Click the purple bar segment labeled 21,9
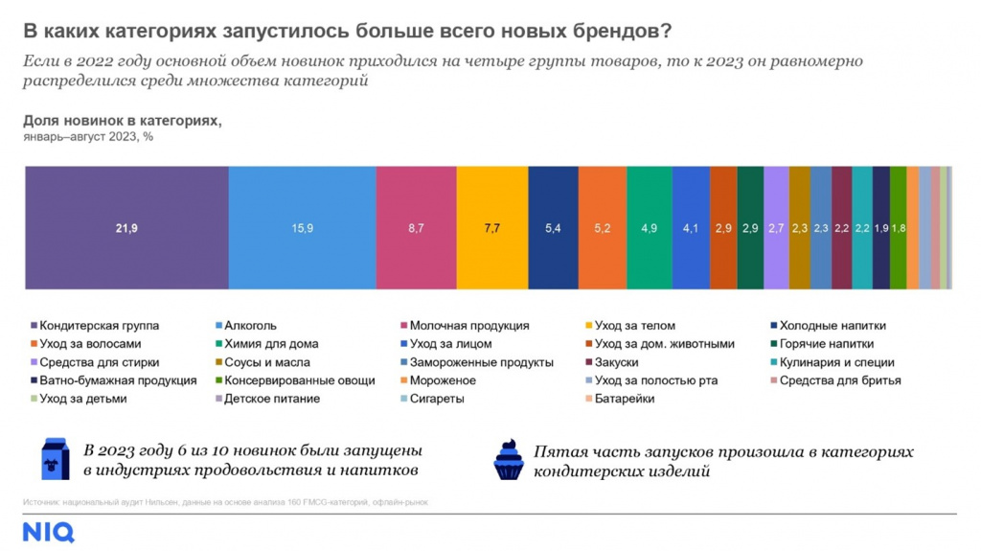coord(126,227)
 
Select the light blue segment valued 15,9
coord(302,227)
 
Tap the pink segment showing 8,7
coord(416,227)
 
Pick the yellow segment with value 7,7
coord(491,227)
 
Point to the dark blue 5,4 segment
coord(553,227)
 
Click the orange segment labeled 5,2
coord(603,227)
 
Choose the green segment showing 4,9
coord(650,227)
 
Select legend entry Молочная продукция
coord(468,326)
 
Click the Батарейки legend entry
coord(624,399)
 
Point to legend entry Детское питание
coord(270,399)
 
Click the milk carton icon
coord(55,460)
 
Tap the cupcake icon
coord(509,460)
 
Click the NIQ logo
coord(48,532)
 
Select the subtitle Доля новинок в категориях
coord(122,121)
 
